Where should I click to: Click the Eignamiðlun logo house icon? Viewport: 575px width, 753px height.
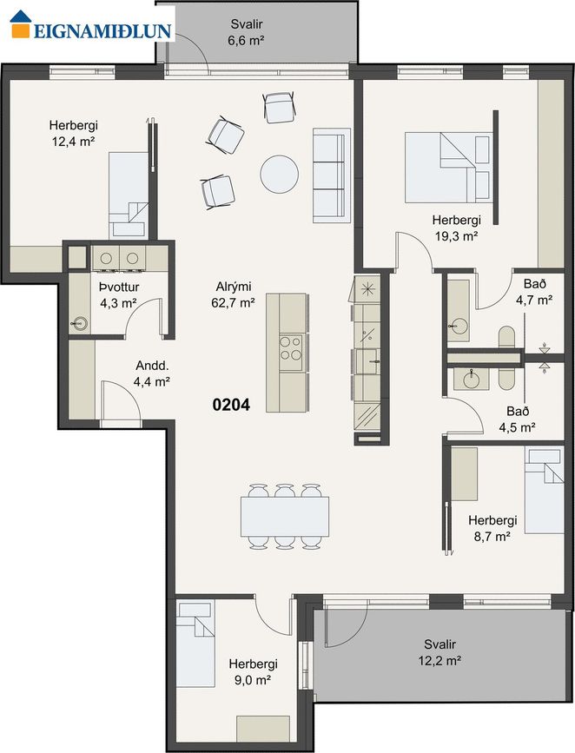(x=21, y=23)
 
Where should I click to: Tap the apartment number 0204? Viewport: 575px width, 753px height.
(x=231, y=405)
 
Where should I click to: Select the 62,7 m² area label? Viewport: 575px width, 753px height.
(x=233, y=303)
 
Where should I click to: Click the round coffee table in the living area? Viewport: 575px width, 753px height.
(x=279, y=174)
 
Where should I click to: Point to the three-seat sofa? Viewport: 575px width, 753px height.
(x=332, y=175)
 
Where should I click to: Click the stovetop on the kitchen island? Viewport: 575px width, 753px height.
(x=291, y=348)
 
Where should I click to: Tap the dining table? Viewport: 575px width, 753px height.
(x=285, y=516)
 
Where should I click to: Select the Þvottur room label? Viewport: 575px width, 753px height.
(x=119, y=287)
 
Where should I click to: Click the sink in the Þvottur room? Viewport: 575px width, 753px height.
(x=79, y=324)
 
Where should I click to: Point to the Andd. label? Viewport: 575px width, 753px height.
(x=152, y=366)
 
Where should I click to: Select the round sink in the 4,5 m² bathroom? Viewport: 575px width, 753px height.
(x=471, y=380)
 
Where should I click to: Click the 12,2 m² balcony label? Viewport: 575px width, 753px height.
(x=440, y=660)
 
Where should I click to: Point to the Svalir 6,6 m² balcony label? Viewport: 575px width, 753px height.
(x=247, y=31)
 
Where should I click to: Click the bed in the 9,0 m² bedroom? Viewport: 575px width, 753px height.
(x=195, y=644)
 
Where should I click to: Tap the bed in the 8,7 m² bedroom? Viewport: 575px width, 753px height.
(x=544, y=491)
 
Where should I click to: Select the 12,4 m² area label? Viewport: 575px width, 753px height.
(x=73, y=142)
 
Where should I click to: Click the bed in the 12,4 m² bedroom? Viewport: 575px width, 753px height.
(x=129, y=195)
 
